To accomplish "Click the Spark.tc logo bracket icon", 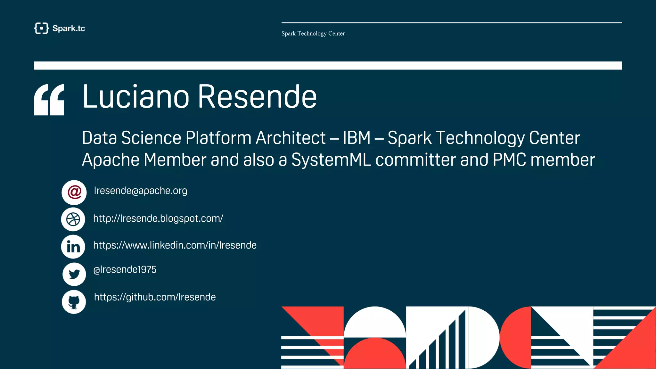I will pyautogui.click(x=41, y=28).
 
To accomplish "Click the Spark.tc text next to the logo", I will pyautogui.click(x=69, y=29).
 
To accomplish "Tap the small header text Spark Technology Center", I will pyautogui.click(x=313, y=34).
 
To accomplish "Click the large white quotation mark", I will pyautogui.click(x=49, y=100).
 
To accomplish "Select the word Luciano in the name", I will pyautogui.click(x=136, y=97).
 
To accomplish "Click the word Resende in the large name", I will pyautogui.click(x=257, y=97).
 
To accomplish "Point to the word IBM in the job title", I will pyautogui.click(x=357, y=138).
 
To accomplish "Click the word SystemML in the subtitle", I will pyautogui.click(x=331, y=160).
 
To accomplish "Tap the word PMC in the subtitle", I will pyautogui.click(x=509, y=160).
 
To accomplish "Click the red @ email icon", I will pyautogui.click(x=74, y=192).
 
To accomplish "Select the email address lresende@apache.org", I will pyautogui.click(x=140, y=191).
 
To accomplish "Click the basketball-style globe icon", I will pyautogui.click(x=73, y=219).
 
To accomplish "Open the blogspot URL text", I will pyautogui.click(x=158, y=218).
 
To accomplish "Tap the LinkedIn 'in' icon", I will pyautogui.click(x=73, y=247).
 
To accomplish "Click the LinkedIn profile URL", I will pyautogui.click(x=175, y=245).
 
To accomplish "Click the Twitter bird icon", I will pyautogui.click(x=74, y=274).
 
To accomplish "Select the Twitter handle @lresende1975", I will pyautogui.click(x=125, y=270).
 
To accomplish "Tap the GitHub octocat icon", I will pyautogui.click(x=74, y=302).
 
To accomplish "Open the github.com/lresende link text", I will pyautogui.click(x=155, y=297).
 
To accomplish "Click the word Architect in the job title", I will pyautogui.click(x=291, y=138).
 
